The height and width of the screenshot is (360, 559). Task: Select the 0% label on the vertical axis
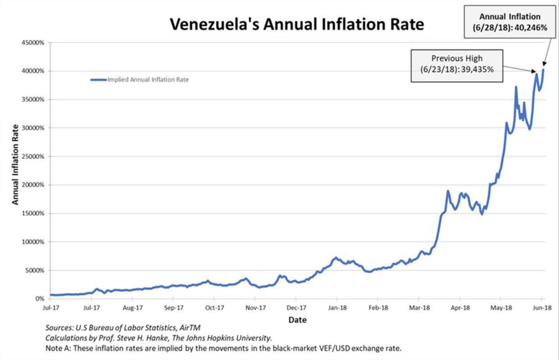tap(40, 299)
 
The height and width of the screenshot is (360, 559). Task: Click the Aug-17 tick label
tap(132, 308)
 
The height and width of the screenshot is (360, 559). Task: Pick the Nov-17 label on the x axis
tap(255, 308)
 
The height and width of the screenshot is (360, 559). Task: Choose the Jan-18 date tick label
tap(337, 308)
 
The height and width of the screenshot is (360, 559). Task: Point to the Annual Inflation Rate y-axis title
tap(16, 164)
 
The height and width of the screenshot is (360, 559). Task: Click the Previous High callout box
tap(456, 66)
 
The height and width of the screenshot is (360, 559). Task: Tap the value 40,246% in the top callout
tap(531, 27)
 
